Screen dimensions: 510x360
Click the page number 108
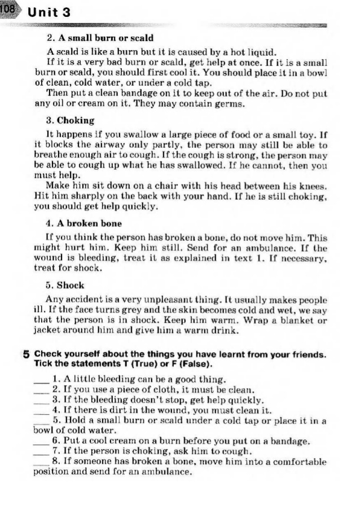(x=10, y=10)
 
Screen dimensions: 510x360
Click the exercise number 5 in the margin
(x=27, y=355)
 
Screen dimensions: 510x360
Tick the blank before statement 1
(x=39, y=380)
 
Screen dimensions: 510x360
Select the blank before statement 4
(x=39, y=411)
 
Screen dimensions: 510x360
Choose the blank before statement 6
(x=39, y=442)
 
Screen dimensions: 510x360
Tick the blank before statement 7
(x=39, y=452)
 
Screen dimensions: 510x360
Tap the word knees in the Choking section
(x=313, y=186)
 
